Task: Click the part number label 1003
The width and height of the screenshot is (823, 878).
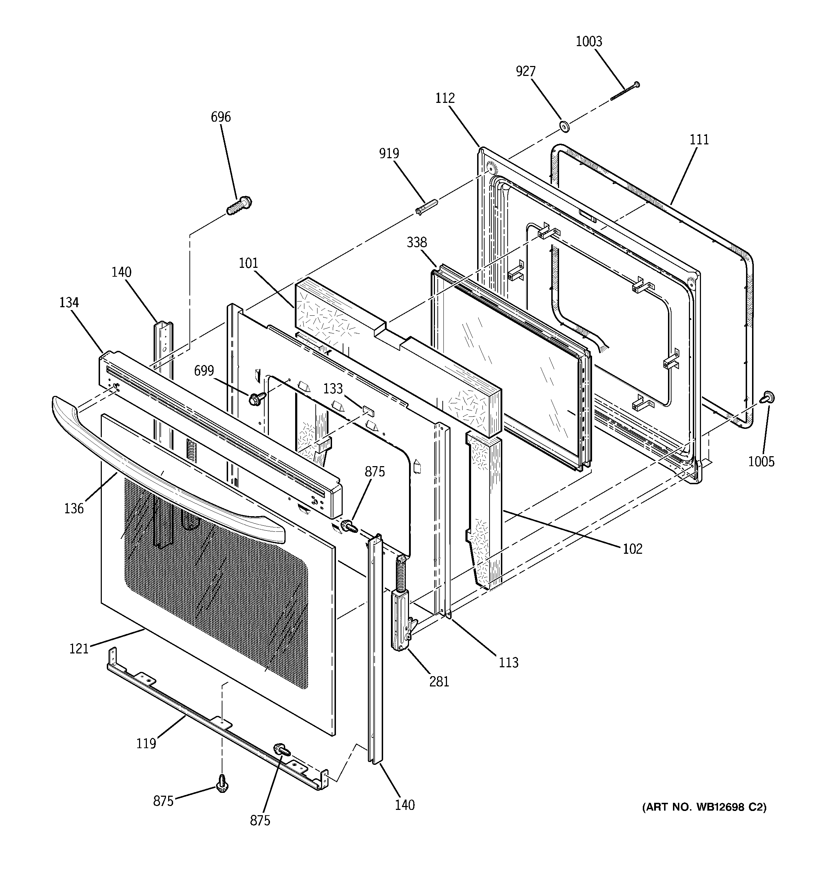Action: pyautogui.click(x=589, y=42)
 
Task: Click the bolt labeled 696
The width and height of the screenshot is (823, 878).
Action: pyautogui.click(x=239, y=206)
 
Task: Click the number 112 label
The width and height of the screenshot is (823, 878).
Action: pyautogui.click(x=444, y=98)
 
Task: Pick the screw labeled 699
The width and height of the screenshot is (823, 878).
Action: pyautogui.click(x=256, y=399)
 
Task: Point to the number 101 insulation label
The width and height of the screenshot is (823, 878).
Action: pyautogui.click(x=248, y=263)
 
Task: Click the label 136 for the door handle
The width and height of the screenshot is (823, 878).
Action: pyautogui.click(x=74, y=508)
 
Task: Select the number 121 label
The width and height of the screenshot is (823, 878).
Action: pyautogui.click(x=79, y=649)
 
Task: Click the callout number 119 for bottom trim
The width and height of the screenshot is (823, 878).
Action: pyautogui.click(x=146, y=744)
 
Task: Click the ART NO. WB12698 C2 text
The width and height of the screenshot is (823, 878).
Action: pyautogui.click(x=704, y=807)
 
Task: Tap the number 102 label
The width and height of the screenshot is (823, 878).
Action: pyautogui.click(x=632, y=549)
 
